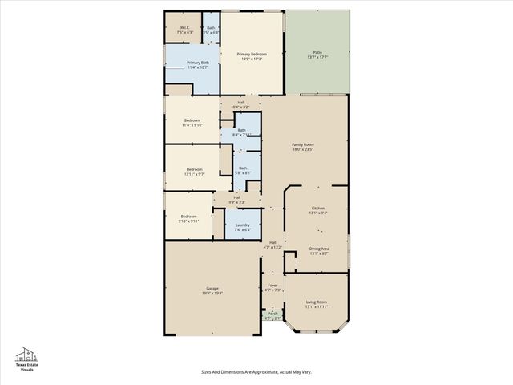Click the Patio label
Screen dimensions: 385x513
317,53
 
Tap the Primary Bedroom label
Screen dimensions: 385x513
251,55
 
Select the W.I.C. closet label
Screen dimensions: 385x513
184,30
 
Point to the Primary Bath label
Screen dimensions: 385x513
197,64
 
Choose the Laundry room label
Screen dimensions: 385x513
242,227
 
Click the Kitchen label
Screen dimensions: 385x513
318,210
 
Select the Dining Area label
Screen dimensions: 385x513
319,250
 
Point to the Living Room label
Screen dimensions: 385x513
317,304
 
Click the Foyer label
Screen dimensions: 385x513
273,287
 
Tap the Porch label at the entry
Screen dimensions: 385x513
273,315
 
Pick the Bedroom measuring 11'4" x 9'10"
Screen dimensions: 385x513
192,122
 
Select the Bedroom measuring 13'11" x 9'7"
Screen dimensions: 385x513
195,171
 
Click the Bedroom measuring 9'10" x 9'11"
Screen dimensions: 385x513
188,218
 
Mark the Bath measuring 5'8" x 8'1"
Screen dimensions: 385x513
243,170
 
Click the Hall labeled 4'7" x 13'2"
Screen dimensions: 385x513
273,245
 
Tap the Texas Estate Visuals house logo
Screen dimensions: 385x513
27,355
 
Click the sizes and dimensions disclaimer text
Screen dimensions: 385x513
256,371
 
